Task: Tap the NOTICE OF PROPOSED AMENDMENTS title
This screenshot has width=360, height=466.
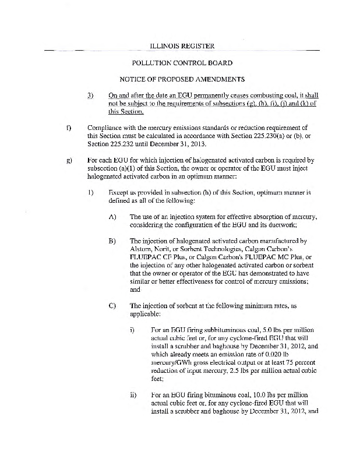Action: pyautogui.click(x=179, y=79)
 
